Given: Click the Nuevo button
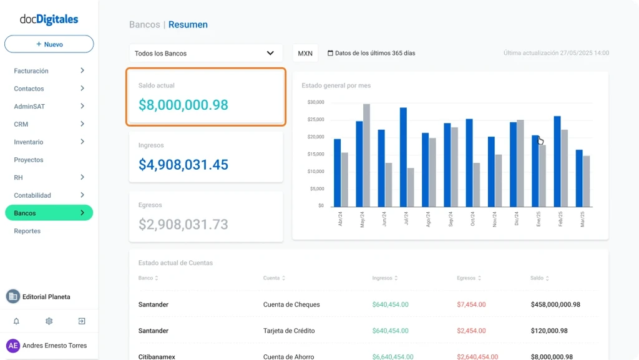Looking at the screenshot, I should pos(49,44).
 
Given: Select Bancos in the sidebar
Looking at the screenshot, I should pos(49,213).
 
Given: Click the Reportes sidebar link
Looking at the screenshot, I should pos(27,231).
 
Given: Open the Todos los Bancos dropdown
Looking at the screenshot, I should pos(206,54).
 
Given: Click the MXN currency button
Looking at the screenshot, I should pos(305,54).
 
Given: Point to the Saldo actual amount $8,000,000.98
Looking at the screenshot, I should pos(183,105).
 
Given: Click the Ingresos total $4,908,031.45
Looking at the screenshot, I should pos(183,165).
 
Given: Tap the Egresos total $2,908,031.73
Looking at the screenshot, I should pos(183,224).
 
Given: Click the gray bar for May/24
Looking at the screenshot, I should pos(366,155).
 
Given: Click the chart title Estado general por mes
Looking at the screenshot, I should pos(336,85).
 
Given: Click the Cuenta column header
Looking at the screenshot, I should pos(271,278).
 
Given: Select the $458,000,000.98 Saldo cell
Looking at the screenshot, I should pos(555,304).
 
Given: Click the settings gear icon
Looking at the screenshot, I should pos(49,321).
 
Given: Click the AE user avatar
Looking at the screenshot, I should pos(13,346).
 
